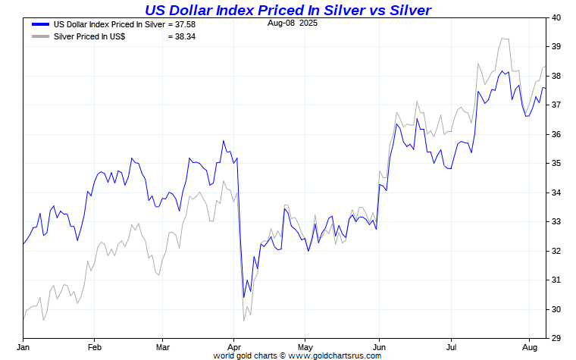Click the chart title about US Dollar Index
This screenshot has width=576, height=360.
point(288,9)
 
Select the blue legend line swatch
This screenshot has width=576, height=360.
point(40,24)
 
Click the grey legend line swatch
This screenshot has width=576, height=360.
point(40,36)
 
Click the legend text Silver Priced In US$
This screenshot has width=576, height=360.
point(90,36)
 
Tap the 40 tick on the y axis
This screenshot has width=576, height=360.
point(556,17)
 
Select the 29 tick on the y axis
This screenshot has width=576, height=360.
point(556,339)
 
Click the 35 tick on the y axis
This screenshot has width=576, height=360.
point(556,164)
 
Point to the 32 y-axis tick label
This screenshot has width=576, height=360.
point(556,251)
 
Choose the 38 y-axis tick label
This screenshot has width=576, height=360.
point(556,76)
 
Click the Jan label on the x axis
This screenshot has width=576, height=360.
point(23,347)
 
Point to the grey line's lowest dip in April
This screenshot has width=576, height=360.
point(243,321)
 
